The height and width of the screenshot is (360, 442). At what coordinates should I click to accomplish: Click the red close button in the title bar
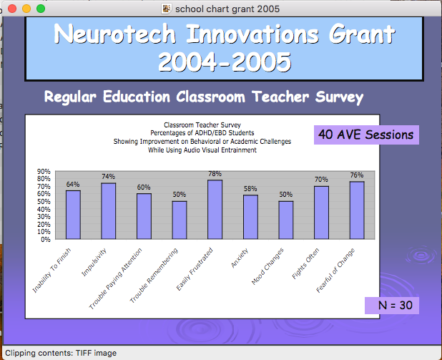click(12, 9)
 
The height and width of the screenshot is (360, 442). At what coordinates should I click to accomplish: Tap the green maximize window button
click(41, 9)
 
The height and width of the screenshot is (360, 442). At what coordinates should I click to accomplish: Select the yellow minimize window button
click(26, 9)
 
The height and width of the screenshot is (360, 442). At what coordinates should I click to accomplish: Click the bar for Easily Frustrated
click(215, 209)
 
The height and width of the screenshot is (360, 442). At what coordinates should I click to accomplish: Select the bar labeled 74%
click(109, 211)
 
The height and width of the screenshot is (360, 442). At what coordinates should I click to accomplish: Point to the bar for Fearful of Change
click(357, 210)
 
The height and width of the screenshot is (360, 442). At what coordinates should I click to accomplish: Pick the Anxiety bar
click(250, 217)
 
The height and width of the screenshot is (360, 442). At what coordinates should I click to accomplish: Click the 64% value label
click(73, 184)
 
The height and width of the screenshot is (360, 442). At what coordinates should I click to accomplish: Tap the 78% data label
click(215, 173)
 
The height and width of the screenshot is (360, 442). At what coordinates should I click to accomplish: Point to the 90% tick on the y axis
click(44, 171)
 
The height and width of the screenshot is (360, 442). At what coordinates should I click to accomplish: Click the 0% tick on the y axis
click(46, 240)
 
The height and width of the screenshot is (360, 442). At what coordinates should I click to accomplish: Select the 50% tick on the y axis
click(44, 201)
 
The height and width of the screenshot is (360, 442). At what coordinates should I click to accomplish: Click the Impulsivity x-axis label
click(94, 262)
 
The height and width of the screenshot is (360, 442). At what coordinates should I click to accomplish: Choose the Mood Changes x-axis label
click(267, 266)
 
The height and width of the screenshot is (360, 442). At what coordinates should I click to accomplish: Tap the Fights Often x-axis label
click(305, 263)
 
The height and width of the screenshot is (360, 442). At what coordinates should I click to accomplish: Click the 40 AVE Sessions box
click(366, 135)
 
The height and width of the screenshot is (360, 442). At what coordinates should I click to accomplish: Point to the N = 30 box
click(392, 306)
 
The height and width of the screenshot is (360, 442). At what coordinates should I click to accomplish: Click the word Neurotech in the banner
click(115, 34)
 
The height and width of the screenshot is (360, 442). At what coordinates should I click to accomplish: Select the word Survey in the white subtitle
click(340, 97)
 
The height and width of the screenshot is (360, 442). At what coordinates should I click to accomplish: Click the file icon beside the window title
click(167, 9)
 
